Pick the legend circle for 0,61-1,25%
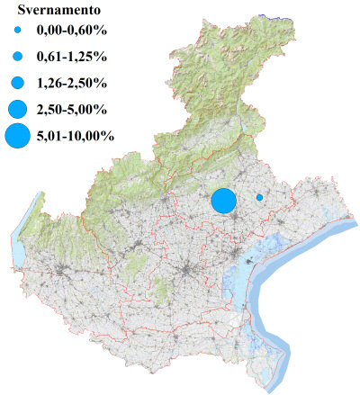click(x=16, y=57)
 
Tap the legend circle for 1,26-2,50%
click(x=16, y=83)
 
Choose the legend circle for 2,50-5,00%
click(x=16, y=110)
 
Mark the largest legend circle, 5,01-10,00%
click(x=16, y=137)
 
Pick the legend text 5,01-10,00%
click(x=76, y=137)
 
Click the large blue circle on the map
click(x=223, y=201)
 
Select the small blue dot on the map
click(x=259, y=197)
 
